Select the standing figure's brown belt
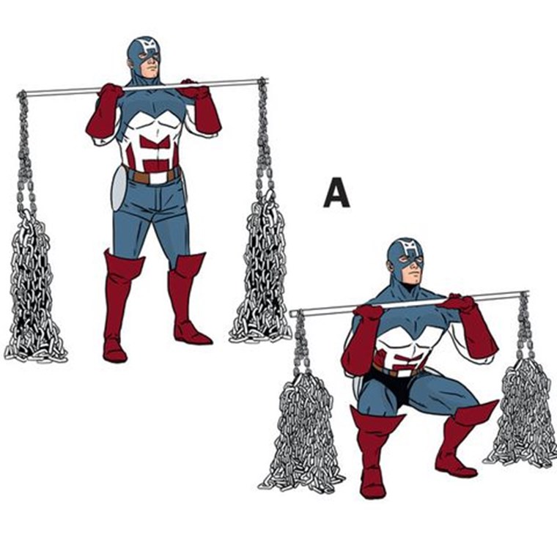[x=152, y=175]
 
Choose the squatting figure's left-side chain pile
[x=301, y=432]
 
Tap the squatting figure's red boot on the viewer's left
[x=374, y=451]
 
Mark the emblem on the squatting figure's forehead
[x=407, y=248]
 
